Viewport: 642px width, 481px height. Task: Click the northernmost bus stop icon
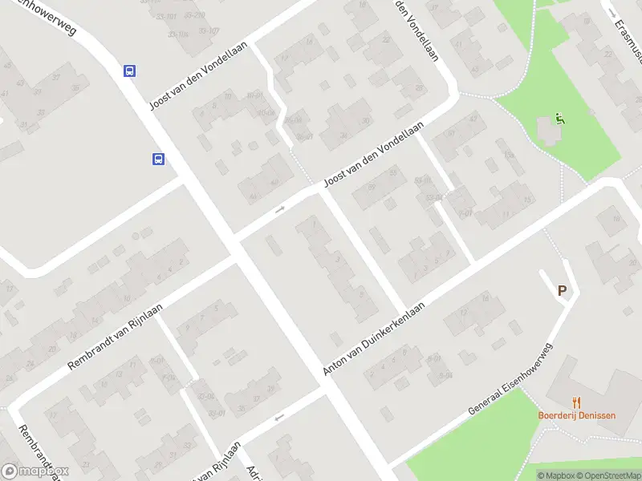click(x=129, y=71)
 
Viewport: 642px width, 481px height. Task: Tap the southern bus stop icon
click(x=158, y=159)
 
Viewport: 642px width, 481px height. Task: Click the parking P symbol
click(x=563, y=291)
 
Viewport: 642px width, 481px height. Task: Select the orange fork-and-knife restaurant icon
click(x=576, y=402)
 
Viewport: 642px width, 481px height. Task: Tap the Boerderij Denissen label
click(x=576, y=416)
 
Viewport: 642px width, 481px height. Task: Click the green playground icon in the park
click(x=560, y=119)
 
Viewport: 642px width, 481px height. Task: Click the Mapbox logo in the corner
click(x=35, y=471)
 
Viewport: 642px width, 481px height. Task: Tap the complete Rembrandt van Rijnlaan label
click(x=115, y=336)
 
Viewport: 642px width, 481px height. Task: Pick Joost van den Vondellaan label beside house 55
click(x=372, y=157)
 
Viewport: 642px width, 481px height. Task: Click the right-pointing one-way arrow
click(x=280, y=209)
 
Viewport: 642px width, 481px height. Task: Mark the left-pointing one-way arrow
click(x=279, y=417)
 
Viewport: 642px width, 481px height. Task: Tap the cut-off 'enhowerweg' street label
click(x=46, y=16)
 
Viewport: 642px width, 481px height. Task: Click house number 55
click(x=393, y=172)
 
